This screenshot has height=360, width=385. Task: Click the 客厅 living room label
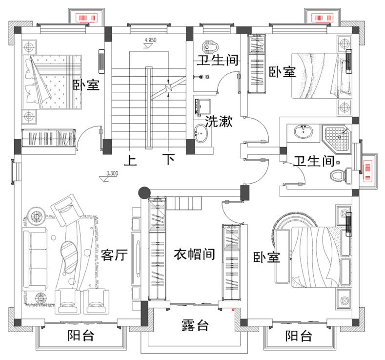115,255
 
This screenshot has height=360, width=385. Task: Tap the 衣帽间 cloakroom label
195,254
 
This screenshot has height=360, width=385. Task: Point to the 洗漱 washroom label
219,122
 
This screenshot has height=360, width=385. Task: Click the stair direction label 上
130,160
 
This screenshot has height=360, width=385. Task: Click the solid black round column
143,193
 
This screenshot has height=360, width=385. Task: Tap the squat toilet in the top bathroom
210,47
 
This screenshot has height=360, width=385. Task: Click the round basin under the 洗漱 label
201,132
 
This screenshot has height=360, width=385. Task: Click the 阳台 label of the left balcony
81,336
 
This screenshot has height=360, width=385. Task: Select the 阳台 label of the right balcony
299,336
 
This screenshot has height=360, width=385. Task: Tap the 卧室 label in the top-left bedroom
86,85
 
